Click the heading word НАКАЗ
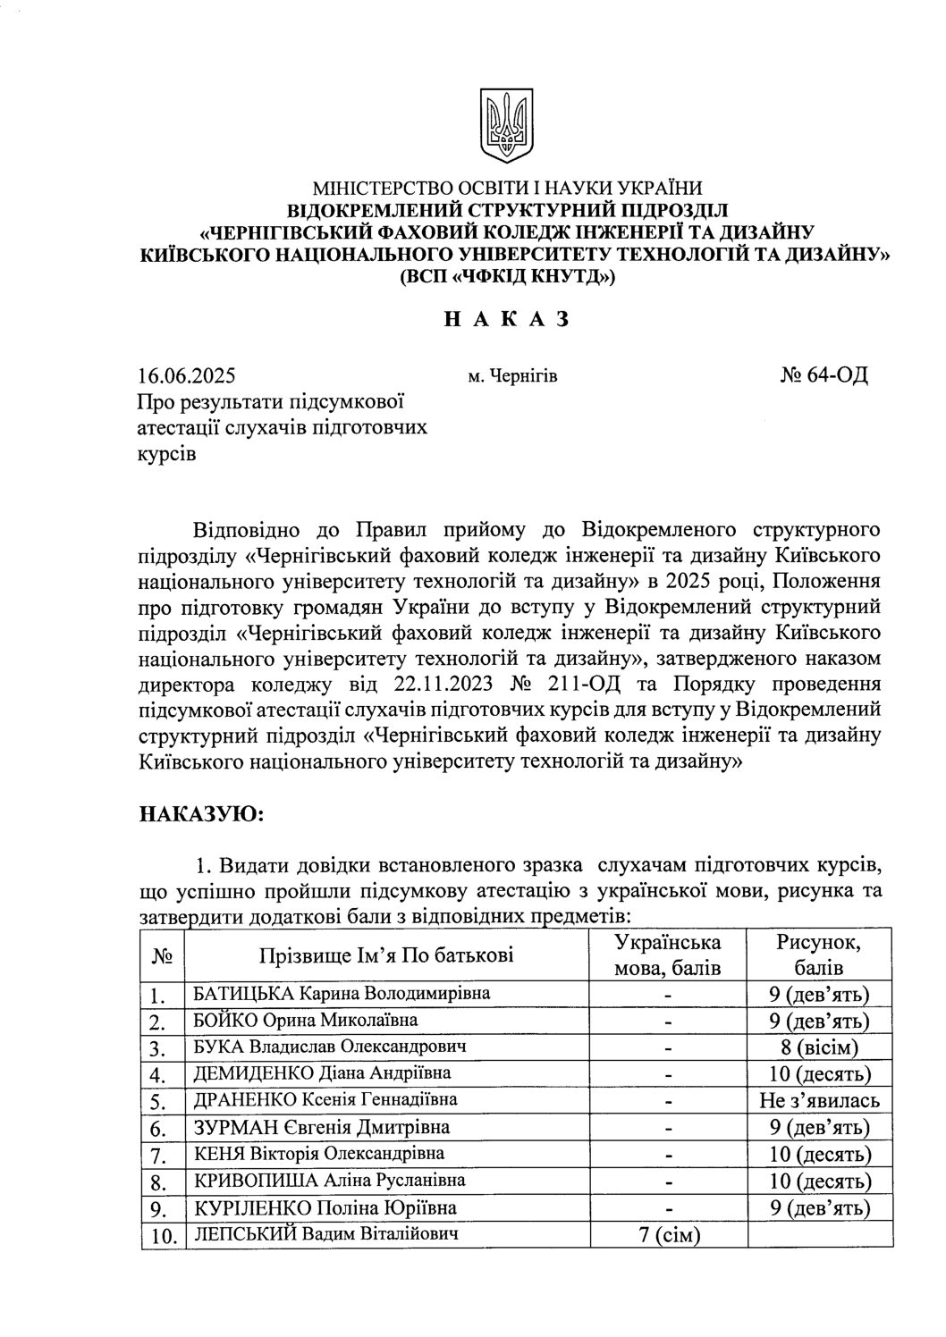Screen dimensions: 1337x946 point(507,319)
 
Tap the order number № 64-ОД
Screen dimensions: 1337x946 point(824,375)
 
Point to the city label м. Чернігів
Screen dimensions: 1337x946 point(512,376)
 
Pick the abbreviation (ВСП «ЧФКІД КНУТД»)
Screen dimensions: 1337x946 point(507,277)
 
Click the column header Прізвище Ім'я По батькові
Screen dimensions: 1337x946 point(386,956)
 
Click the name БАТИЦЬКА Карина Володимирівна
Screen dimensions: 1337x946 point(342,994)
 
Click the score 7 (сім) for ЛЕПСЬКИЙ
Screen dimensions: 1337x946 point(667,1236)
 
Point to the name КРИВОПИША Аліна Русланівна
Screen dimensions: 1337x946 point(330,1181)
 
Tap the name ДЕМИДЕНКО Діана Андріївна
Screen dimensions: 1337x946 point(323,1073)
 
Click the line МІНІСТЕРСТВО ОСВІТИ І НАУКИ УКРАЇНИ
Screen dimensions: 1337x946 point(507,189)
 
